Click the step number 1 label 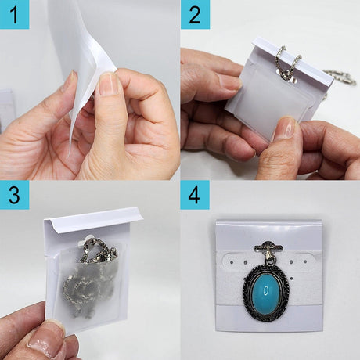click(x=14, y=15)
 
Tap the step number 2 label click(x=195, y=15)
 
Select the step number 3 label click(x=14, y=195)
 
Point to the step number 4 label click(x=194, y=195)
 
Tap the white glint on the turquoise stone click(x=266, y=290)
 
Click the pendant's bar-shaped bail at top click(x=268, y=247)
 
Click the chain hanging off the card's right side click(x=339, y=77)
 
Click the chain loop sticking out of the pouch click(x=97, y=250)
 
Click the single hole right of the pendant click(x=291, y=279)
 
